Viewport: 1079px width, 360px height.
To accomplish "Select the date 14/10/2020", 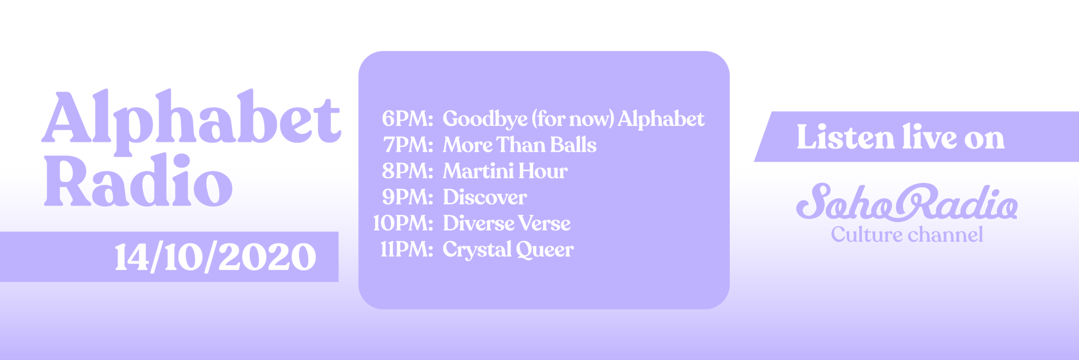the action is pos(215,257).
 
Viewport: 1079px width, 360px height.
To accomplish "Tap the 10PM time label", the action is pos(403,223).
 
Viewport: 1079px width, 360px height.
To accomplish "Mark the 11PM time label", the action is pos(407,249).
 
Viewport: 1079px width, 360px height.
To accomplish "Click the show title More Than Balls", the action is pos(519,145).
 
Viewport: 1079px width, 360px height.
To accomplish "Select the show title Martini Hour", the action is pos(505,171).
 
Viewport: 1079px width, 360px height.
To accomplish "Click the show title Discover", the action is pos(485,197).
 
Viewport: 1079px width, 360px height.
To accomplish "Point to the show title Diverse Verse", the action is pos(507,223).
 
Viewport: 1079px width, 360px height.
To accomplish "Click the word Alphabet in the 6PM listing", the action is pos(661,119).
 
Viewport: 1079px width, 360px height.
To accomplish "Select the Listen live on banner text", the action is pos(900,137).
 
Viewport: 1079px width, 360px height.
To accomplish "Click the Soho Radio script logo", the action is pos(907,202).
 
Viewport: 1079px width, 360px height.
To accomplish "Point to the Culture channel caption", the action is pos(907,235).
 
